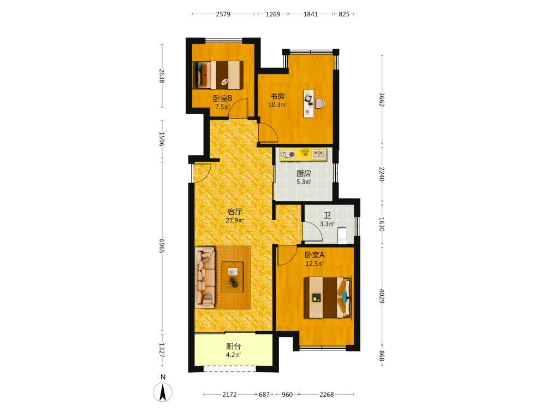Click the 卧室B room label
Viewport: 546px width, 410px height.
point(223,98)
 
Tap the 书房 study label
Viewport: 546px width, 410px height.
point(277,96)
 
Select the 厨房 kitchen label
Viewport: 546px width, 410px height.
point(304,173)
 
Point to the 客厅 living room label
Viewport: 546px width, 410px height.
point(235,212)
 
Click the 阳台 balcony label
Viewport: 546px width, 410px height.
point(234,346)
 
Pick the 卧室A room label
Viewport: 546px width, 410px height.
point(314,255)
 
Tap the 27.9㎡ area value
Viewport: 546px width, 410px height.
point(235,220)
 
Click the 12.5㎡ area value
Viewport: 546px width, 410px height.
point(315,263)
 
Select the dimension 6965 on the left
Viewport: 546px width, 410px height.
point(162,246)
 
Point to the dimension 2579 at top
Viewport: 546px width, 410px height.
point(223,14)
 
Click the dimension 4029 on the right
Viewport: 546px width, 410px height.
point(382,296)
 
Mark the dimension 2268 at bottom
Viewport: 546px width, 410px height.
point(327,395)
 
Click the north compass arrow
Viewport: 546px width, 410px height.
point(163,392)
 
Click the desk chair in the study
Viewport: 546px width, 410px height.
point(321,103)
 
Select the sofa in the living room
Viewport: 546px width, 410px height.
point(205,278)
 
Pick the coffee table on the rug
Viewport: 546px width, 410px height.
point(232,277)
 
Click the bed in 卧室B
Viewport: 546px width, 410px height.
point(218,75)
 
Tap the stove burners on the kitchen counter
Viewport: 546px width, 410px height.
point(288,154)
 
